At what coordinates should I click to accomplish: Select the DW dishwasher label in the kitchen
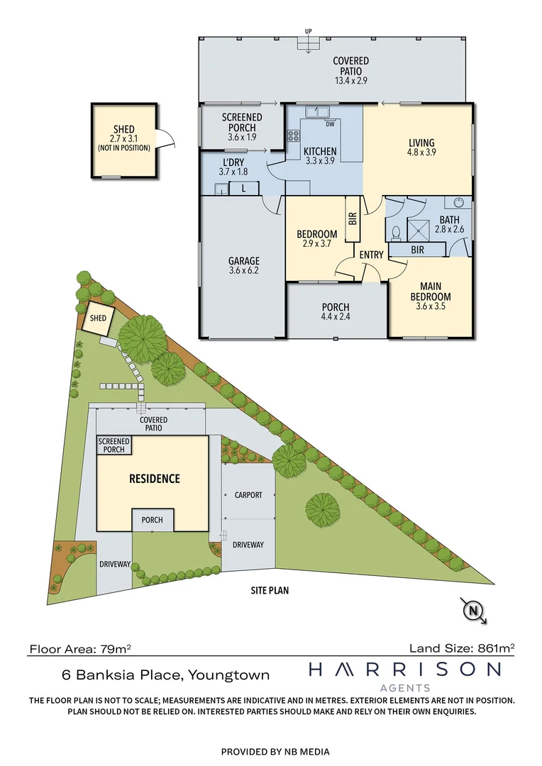click(x=330, y=126)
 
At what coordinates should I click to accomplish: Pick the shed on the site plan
click(x=97, y=318)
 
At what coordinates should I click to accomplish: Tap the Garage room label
click(x=243, y=260)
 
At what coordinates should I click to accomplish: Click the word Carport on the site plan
click(x=248, y=495)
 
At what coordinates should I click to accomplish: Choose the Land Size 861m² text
click(x=462, y=647)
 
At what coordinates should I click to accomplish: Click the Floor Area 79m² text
click(x=80, y=648)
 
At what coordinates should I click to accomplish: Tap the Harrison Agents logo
click(x=404, y=675)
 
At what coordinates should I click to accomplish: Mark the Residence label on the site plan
click(x=154, y=479)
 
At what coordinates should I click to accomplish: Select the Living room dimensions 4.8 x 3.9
click(x=421, y=152)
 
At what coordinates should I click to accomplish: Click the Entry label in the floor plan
click(x=371, y=255)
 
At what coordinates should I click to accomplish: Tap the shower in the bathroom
click(x=421, y=228)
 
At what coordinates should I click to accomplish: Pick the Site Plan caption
click(x=270, y=589)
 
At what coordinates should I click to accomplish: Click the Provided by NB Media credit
click(x=275, y=751)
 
